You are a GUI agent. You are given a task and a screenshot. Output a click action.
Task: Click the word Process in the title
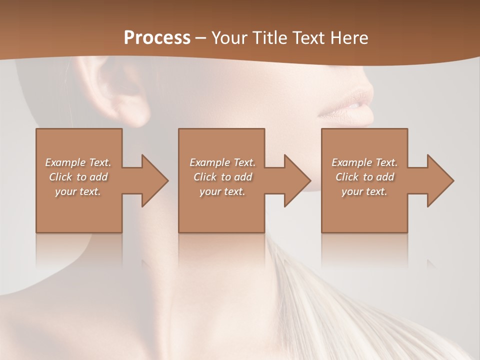click(157, 37)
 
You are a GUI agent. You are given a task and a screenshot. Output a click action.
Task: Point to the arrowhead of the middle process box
click(297, 180)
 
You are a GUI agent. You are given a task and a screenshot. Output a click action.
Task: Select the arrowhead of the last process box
click(440, 180)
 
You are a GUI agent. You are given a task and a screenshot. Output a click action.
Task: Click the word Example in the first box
click(65, 162)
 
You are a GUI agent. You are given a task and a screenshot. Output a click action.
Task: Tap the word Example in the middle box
click(209, 162)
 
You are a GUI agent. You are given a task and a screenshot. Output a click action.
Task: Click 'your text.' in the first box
click(78, 191)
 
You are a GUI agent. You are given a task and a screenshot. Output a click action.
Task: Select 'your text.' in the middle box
click(222, 191)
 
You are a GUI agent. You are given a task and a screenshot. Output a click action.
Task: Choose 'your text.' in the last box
click(364, 191)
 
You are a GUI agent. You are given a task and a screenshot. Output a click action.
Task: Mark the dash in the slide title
click(200, 38)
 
